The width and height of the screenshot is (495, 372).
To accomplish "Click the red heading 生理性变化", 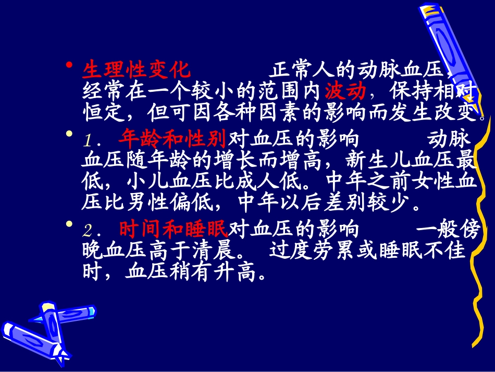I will click(137, 70).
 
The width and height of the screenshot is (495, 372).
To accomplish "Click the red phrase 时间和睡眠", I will click(174, 229).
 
